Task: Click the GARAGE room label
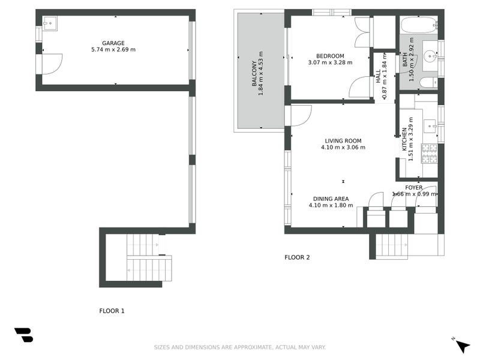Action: click(113, 43)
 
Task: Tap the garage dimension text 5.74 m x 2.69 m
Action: click(113, 50)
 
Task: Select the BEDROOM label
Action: click(329, 56)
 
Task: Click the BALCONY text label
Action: click(254, 74)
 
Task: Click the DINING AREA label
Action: click(331, 199)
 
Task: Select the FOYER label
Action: click(413, 187)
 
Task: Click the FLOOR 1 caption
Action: click(112, 311)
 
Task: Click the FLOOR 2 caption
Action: click(297, 257)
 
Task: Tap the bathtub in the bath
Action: click(419, 26)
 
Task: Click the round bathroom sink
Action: click(430, 57)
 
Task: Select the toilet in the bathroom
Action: click(427, 83)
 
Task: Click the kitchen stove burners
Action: click(430, 154)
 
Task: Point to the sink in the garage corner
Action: click(49, 23)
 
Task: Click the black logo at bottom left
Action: click(23, 335)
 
